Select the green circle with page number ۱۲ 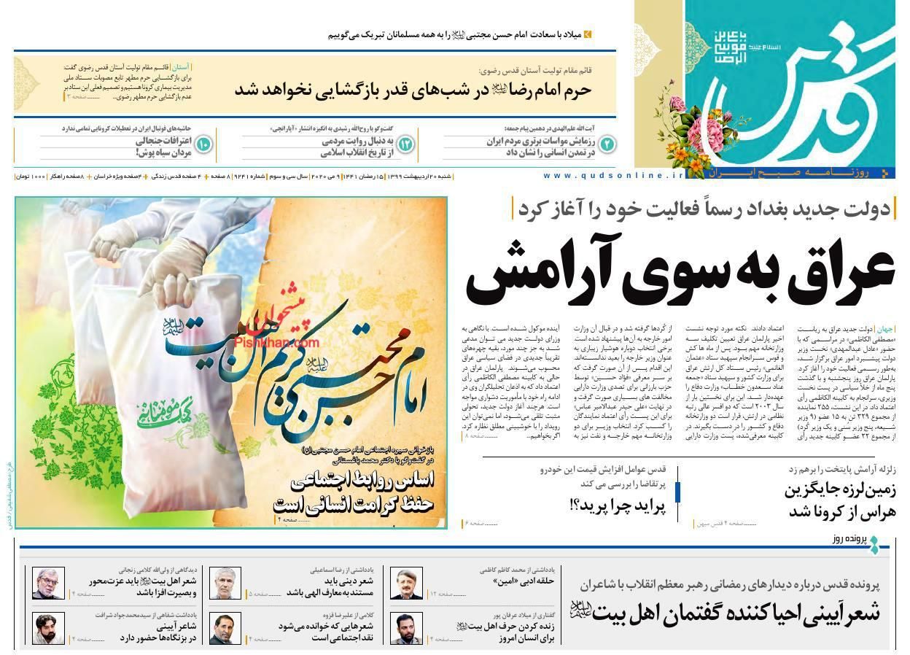(x=405, y=144)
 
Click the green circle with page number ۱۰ (x=203, y=144)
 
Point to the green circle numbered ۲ (x=607, y=144)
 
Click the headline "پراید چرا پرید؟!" (x=618, y=504)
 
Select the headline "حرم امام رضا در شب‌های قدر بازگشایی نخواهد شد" (x=413, y=90)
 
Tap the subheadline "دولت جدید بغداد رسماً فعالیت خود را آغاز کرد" (x=704, y=209)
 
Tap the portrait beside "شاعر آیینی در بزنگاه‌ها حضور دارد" (x=48, y=629)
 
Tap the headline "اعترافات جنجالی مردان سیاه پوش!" (x=163, y=147)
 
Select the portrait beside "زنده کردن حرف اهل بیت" (x=406, y=629)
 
